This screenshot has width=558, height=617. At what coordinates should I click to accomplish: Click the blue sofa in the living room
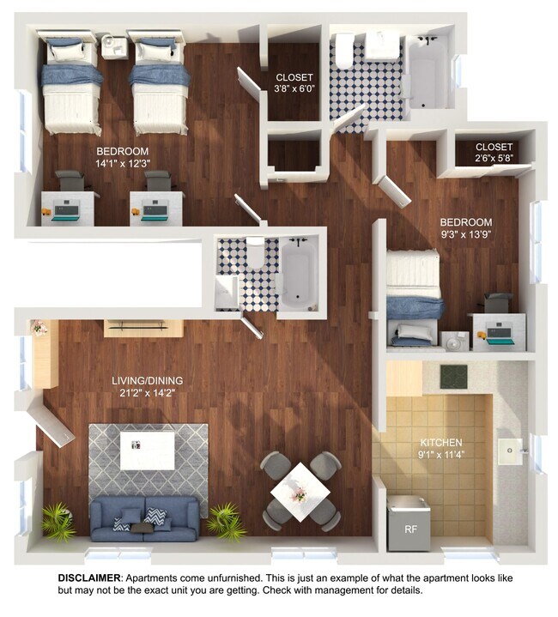point(144,520)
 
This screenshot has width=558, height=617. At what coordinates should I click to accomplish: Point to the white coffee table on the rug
point(147,451)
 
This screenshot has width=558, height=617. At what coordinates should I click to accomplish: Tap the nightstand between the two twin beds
point(113,46)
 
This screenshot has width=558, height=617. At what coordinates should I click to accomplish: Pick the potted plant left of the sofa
point(57,519)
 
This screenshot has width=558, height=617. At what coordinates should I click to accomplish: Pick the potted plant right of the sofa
point(225,519)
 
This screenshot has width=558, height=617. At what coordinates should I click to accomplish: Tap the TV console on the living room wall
point(143,327)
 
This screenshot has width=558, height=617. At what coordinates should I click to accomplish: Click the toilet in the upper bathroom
point(344,51)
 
